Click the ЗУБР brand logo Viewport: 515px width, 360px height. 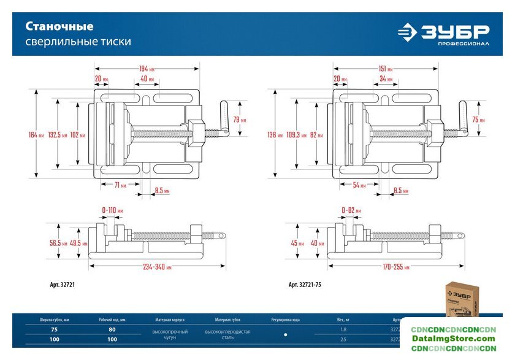(443, 34)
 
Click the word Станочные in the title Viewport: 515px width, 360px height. (59, 26)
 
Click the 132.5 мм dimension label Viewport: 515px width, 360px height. (57, 134)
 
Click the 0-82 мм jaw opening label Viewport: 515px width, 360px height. (351, 210)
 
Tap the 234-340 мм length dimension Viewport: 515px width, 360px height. (158, 267)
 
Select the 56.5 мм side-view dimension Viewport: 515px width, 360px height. (57, 243)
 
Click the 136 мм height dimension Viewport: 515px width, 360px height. (275, 134)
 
